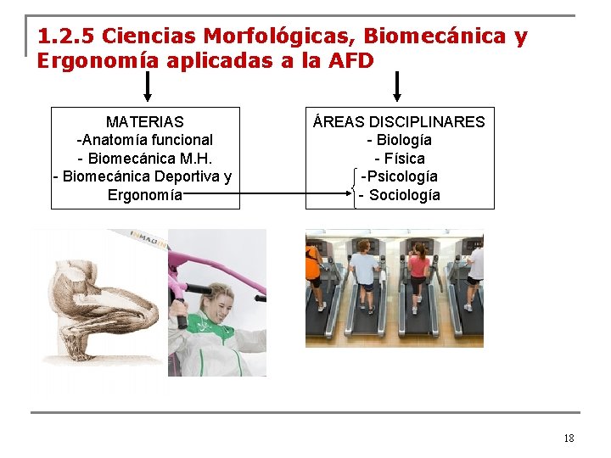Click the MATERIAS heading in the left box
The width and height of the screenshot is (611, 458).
coord(144,121)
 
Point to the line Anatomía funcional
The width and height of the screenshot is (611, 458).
coord(145,140)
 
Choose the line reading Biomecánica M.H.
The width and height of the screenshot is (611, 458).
coord(144,159)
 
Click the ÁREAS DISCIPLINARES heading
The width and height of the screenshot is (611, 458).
coord(399,121)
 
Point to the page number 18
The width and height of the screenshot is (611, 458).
coord(569,438)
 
